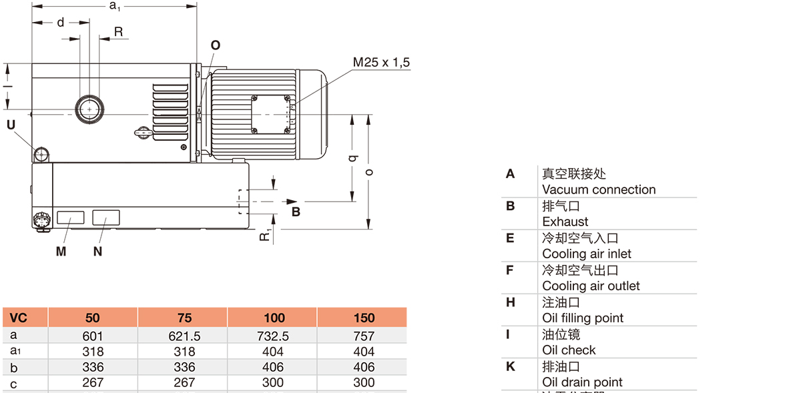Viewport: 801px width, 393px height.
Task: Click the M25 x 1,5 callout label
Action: click(381, 63)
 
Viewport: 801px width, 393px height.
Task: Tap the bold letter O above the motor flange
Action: click(215, 45)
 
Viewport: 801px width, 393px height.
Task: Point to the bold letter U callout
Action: click(11, 124)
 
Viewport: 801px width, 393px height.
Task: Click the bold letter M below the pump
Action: click(61, 252)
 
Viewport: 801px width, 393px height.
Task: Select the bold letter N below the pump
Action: click(97, 252)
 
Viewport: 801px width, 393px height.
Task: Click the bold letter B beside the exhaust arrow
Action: click(296, 212)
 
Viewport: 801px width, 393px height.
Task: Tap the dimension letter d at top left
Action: click(60, 23)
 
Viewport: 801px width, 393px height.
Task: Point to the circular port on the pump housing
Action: click(88, 107)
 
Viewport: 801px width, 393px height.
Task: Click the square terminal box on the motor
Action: click(271, 113)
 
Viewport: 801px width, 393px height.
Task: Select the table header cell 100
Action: click(274, 318)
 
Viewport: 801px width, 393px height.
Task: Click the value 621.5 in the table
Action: click(184, 336)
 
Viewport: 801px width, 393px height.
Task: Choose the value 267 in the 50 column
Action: click(93, 382)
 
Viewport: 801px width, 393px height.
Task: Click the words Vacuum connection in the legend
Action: click(599, 189)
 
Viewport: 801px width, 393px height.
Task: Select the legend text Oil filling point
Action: click(583, 318)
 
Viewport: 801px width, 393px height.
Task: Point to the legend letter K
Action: click(511, 366)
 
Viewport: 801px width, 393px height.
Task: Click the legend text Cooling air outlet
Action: click(591, 286)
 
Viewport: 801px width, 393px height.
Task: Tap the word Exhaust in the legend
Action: click(565, 222)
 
